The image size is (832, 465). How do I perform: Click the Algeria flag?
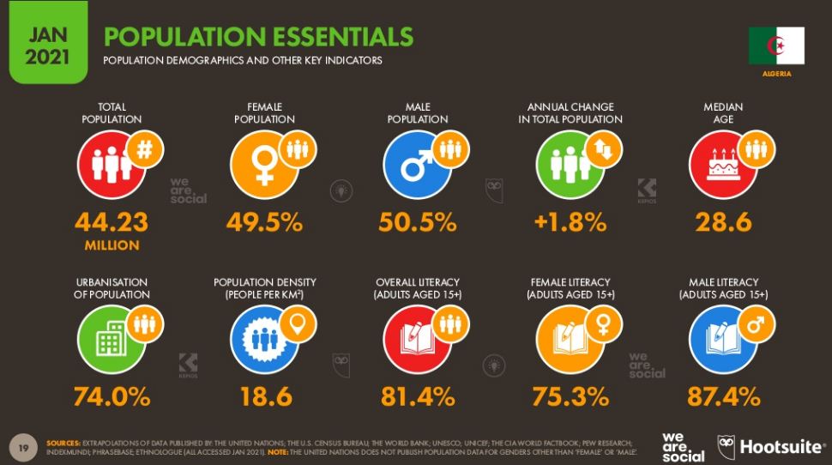coord(776,45)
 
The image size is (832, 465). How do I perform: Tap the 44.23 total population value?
coord(112,222)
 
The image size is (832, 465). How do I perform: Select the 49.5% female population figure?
coord(264,222)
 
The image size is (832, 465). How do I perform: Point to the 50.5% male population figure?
coord(418,222)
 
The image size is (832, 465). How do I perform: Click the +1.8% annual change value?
coord(570,222)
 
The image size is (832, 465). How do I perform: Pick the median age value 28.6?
coord(723,222)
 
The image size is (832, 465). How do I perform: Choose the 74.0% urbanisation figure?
coord(112,396)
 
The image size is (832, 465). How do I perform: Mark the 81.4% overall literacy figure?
coord(418,396)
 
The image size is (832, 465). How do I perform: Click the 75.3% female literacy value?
coord(570,396)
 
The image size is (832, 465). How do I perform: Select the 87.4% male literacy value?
coord(723,396)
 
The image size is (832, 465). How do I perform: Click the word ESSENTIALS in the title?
coord(342,37)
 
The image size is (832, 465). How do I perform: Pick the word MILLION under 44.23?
coord(112,245)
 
